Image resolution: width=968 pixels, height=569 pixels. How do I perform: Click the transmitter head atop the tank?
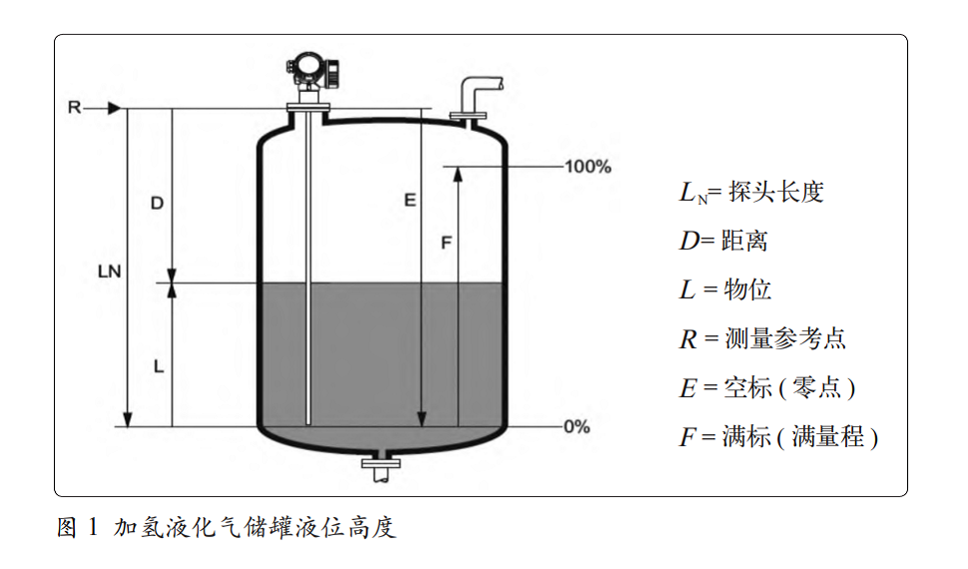(312, 71)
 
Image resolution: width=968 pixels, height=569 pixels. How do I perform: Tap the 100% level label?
(588, 167)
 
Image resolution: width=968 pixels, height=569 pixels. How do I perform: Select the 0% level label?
(577, 426)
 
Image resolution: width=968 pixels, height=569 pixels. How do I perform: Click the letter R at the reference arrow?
(74, 107)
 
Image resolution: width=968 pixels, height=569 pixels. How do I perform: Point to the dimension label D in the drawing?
(157, 203)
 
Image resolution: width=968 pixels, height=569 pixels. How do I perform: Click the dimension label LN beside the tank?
(110, 270)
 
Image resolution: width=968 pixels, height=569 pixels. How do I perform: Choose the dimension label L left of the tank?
(158, 366)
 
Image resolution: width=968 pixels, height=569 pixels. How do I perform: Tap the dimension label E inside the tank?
(409, 201)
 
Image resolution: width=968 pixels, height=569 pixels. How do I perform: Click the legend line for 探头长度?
(750, 193)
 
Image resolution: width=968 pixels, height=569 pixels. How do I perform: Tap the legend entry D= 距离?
(724, 241)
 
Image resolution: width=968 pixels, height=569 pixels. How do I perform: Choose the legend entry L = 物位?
(726, 289)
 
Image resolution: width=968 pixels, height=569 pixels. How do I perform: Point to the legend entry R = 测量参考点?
(762, 338)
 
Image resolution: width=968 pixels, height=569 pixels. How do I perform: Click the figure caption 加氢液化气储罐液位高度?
(226, 527)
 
